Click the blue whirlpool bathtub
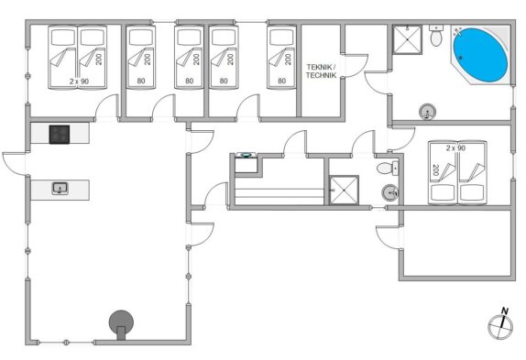pyautogui.click(x=480, y=55)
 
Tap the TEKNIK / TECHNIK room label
pyautogui.click(x=321, y=71)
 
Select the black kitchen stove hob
pyautogui.click(x=60, y=135)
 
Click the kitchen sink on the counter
pyautogui.click(x=60, y=188)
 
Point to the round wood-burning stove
pyautogui.click(x=121, y=324)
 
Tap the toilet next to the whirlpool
pyautogui.click(x=436, y=37)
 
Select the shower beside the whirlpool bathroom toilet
pyautogui.click(x=407, y=39)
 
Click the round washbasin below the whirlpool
pyautogui.click(x=427, y=112)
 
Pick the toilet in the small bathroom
pyautogui.click(x=388, y=168)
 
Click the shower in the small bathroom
pyautogui.click(x=344, y=190)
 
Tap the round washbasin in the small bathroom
pyautogui.click(x=390, y=192)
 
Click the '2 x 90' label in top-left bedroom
pyautogui.click(x=79, y=82)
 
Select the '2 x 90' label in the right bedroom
pyautogui.click(x=455, y=147)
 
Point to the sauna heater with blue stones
pyautogui.click(x=246, y=162)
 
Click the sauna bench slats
pyautogui.click(x=279, y=196)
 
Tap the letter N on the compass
pyautogui.click(x=505, y=311)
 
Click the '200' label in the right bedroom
pyautogui.click(x=436, y=170)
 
